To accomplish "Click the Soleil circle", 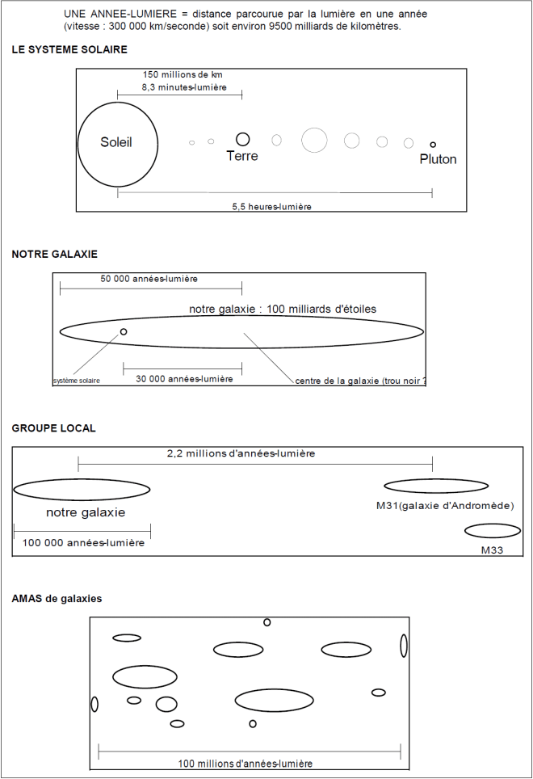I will click(116, 143).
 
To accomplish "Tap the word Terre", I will click(242, 156).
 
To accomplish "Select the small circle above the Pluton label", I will click(433, 145).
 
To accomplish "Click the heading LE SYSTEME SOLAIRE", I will click(69, 49).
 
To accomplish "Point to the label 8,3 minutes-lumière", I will click(183, 87).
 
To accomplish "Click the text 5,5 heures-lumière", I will click(271, 206).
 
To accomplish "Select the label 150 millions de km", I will click(183, 74).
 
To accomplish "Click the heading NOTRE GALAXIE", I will click(55, 254).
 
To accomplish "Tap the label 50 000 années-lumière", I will click(149, 279).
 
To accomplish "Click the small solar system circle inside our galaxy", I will click(124, 331).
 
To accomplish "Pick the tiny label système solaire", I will click(77, 381).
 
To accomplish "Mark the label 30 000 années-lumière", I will click(184, 378).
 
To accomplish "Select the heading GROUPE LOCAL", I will click(54, 428).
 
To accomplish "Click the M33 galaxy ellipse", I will click(493, 531).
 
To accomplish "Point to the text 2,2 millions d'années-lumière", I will click(241, 453).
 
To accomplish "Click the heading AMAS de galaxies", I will click(57, 599).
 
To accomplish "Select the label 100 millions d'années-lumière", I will click(245, 764).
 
